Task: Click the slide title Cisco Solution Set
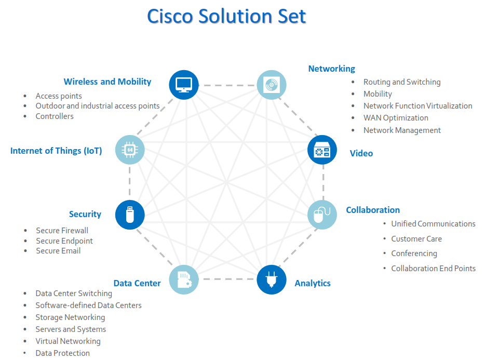click(226, 16)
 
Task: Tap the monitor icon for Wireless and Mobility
click(184, 85)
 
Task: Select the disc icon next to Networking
click(272, 85)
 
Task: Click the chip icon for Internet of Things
click(129, 150)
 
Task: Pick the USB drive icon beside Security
click(129, 215)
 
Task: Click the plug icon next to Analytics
click(272, 279)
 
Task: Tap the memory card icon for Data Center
click(184, 279)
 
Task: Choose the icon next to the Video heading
click(322, 150)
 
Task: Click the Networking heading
click(331, 69)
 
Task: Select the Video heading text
click(361, 153)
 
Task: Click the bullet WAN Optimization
click(396, 118)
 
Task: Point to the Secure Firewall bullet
click(62, 230)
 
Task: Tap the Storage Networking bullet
click(70, 317)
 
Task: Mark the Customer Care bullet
click(416, 238)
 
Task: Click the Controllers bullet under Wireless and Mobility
click(55, 116)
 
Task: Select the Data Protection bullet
click(62, 353)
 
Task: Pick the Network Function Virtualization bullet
click(417, 105)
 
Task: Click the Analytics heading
click(313, 283)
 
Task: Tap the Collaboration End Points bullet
click(433, 268)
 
